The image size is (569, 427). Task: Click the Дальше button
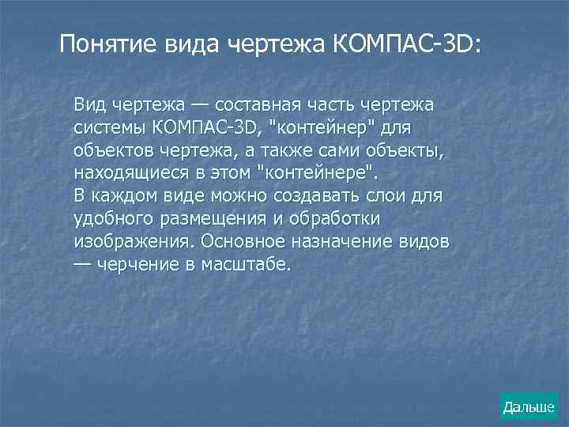[x=529, y=407]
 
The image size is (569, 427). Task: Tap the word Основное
[x=245, y=240]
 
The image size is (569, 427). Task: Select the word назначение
[x=354, y=240]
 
